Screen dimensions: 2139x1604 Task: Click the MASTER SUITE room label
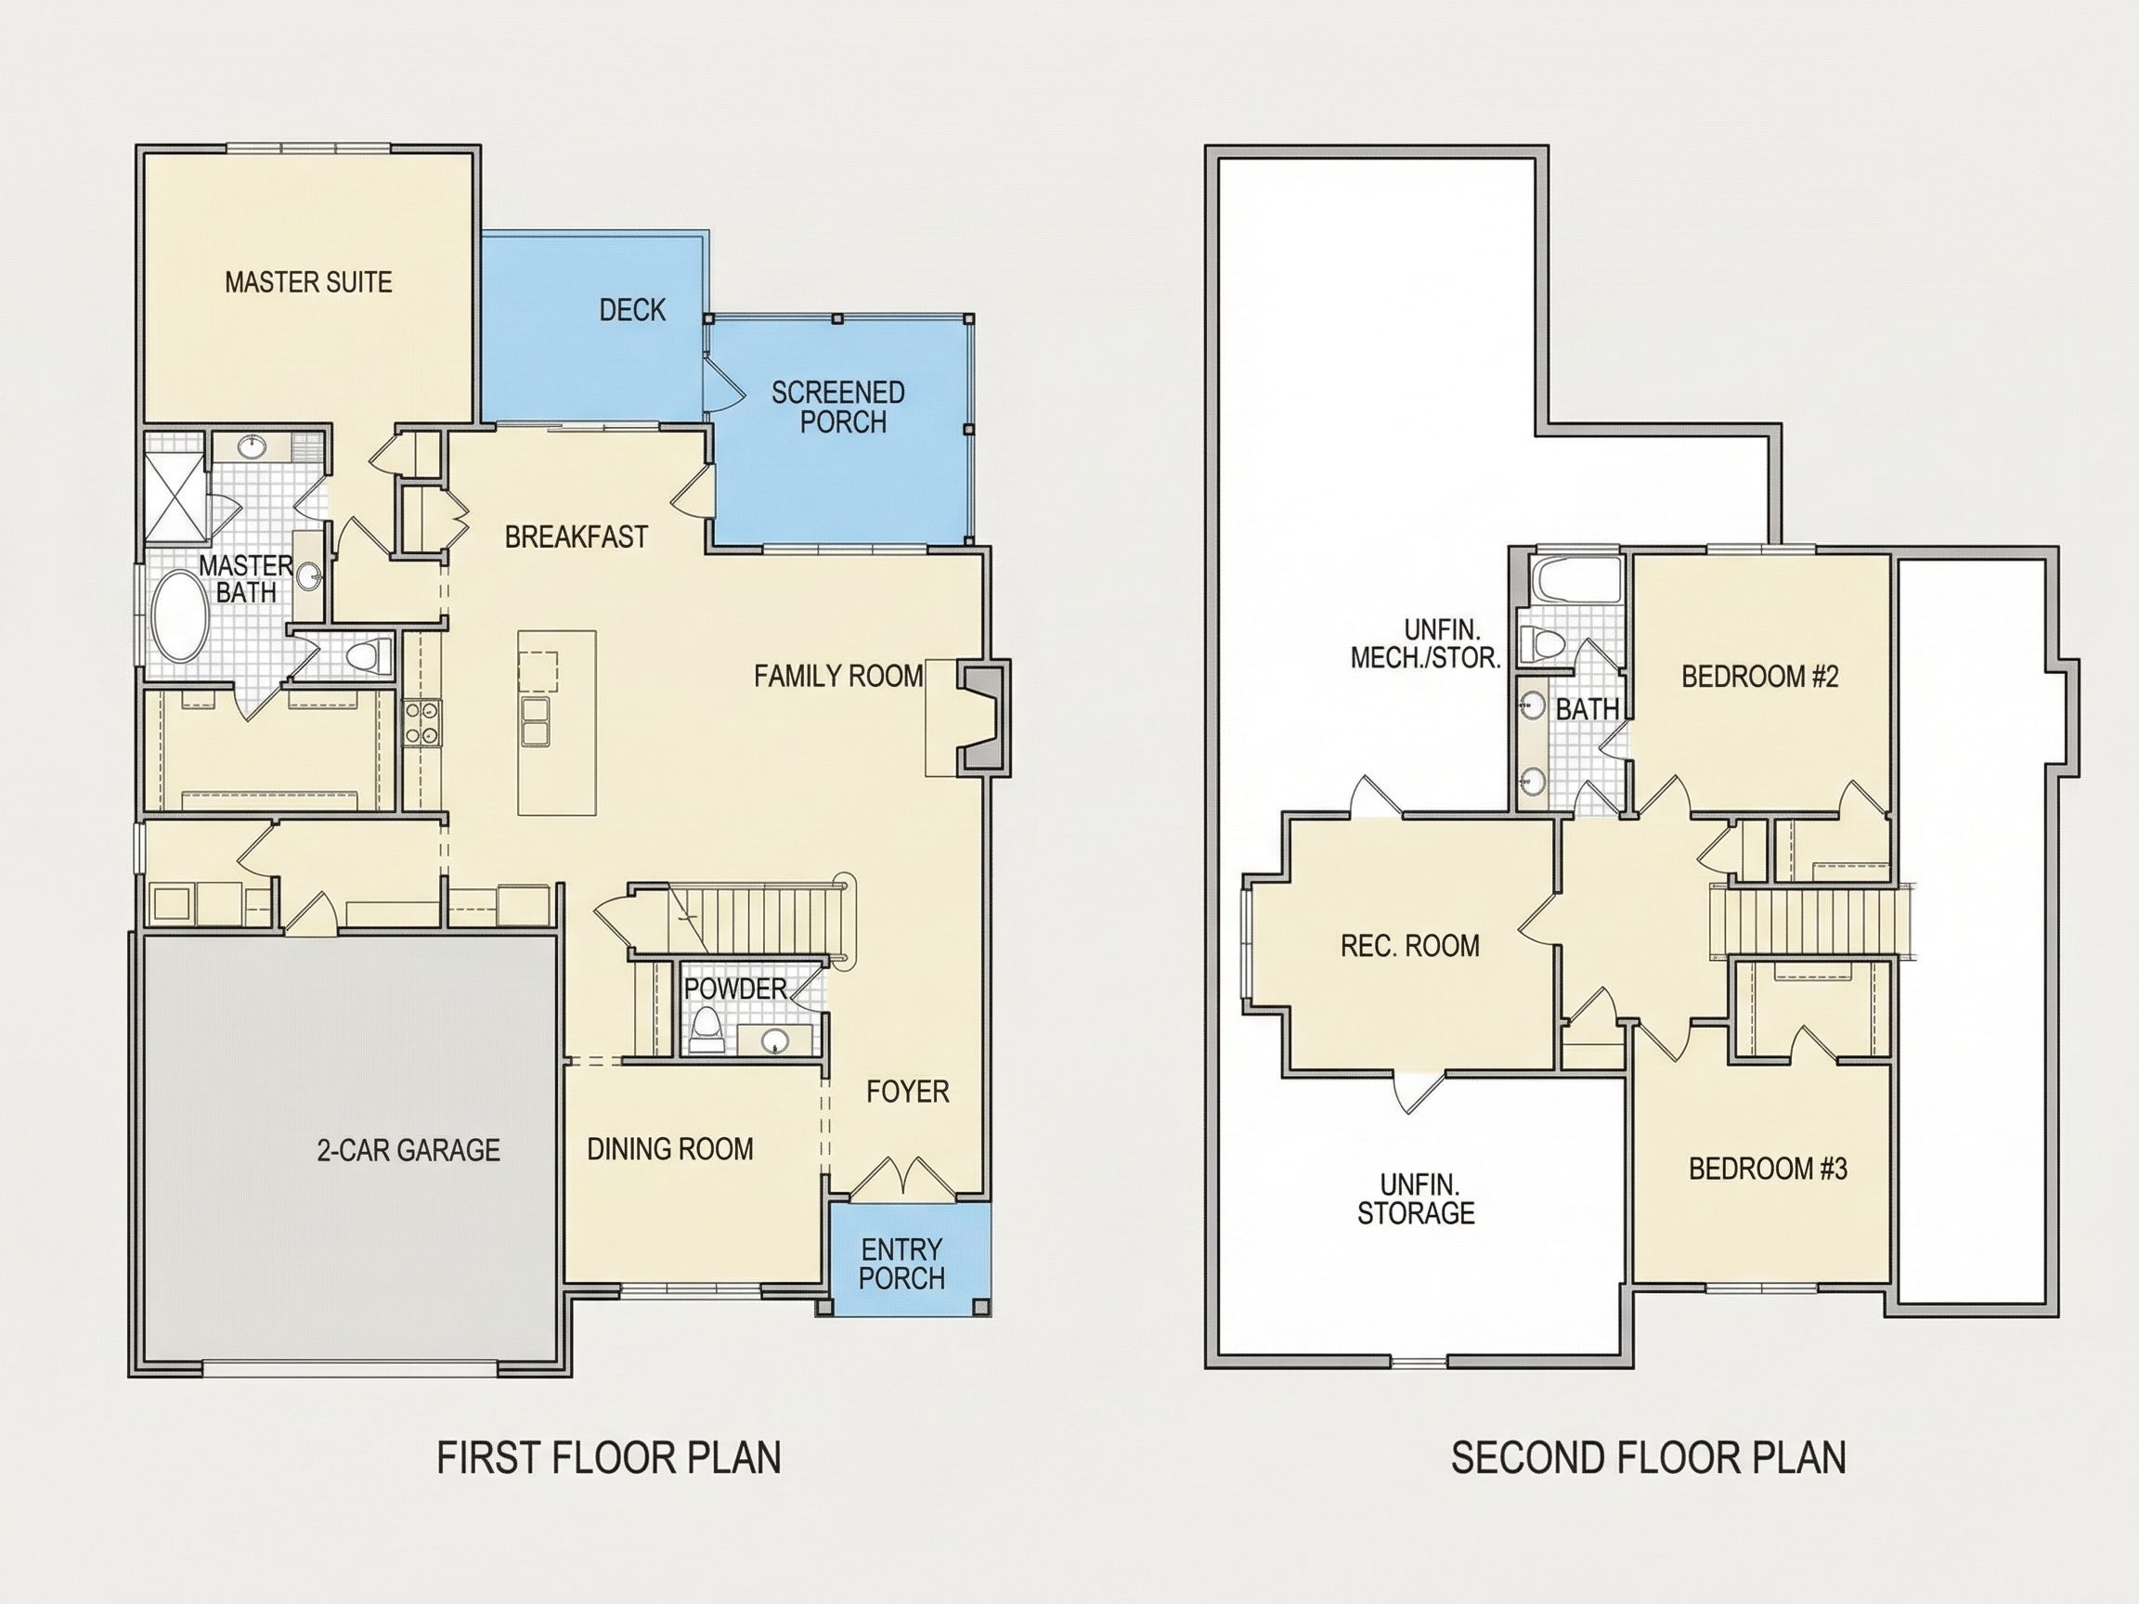[308, 282]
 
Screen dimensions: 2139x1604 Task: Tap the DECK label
[632, 309]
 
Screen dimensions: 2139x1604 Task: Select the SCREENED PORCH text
[838, 407]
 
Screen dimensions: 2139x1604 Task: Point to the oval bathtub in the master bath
[181, 615]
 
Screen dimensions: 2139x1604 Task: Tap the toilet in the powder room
[706, 1028]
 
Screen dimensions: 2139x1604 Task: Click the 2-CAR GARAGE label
[408, 1149]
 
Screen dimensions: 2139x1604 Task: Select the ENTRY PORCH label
[901, 1262]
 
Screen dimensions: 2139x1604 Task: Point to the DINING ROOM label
[670, 1148]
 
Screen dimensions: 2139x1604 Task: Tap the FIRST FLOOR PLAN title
[609, 1457]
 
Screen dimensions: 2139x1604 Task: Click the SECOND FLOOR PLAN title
[1649, 1457]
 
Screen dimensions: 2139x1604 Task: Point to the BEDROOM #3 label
[1768, 1168]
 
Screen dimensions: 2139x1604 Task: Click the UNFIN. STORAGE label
[1417, 1198]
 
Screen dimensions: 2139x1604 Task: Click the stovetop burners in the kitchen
[421, 722]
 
